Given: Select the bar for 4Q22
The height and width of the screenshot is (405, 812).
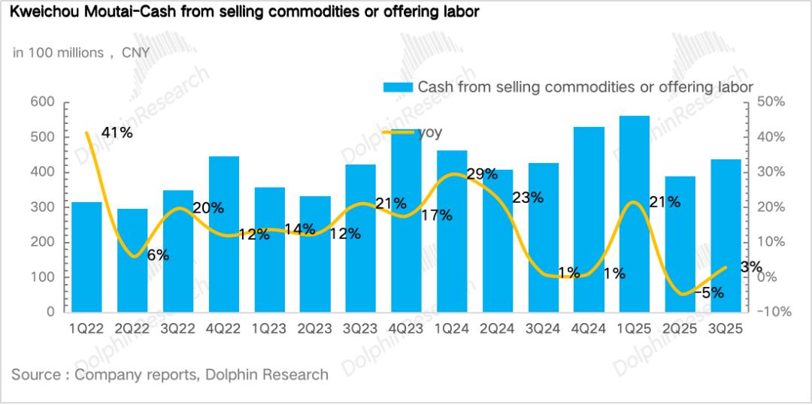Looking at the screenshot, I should tap(223, 234).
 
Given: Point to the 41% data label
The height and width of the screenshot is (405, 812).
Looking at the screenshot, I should tap(117, 133).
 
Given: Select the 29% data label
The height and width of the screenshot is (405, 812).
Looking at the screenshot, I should tap(481, 174).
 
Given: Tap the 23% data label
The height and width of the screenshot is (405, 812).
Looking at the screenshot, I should tap(528, 198).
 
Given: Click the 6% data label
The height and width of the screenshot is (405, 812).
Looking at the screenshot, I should tap(158, 255).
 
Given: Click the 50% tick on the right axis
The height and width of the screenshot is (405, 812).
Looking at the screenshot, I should tap(772, 102).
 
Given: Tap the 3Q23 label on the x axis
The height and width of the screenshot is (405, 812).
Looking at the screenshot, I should tap(360, 330).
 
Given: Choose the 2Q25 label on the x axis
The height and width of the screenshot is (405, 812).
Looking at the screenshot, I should tap(680, 330).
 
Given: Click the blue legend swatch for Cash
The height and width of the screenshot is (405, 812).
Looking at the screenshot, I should tap(398, 87).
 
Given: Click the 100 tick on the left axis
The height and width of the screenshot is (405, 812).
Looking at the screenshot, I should tap(45, 277).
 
